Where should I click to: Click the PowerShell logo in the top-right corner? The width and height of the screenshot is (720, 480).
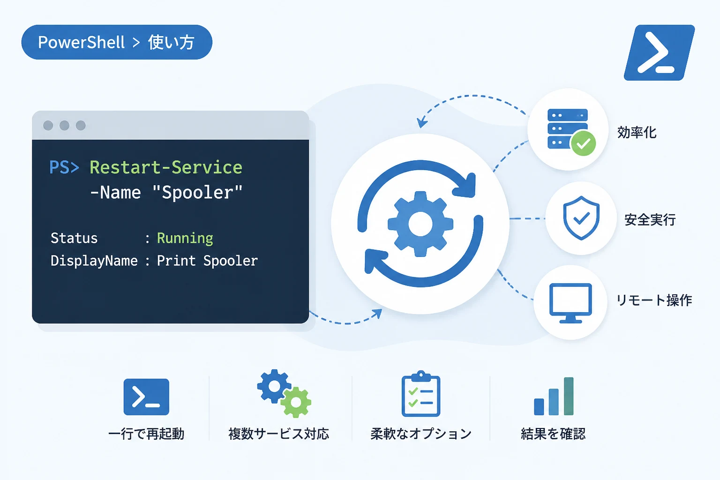(x=659, y=52)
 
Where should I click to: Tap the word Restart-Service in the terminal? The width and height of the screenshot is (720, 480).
(x=166, y=167)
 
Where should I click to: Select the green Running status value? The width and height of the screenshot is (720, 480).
(x=185, y=239)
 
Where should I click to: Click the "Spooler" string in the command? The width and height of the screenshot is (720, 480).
(x=197, y=192)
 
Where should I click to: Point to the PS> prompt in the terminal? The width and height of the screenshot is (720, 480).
(x=64, y=167)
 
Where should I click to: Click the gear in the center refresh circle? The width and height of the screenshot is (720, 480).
(x=420, y=224)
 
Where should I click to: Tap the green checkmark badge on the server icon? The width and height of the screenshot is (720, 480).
(x=584, y=143)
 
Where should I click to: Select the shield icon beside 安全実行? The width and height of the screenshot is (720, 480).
(x=581, y=218)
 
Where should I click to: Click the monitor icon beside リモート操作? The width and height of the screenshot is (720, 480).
(x=570, y=303)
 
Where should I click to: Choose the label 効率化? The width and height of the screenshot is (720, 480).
(x=637, y=133)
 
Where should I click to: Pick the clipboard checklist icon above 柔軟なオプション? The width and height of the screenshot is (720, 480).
(x=421, y=394)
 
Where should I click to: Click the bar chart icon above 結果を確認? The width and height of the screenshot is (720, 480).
(x=554, y=396)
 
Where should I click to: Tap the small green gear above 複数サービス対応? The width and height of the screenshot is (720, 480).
(x=296, y=402)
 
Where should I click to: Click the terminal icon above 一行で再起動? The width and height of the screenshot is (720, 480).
(x=146, y=397)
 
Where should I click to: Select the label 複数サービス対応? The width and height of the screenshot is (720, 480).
(x=279, y=434)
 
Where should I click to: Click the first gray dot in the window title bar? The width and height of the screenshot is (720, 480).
(x=48, y=125)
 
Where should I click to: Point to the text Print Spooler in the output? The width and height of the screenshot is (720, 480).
(x=207, y=261)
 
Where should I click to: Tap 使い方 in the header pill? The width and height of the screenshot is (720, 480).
(x=171, y=43)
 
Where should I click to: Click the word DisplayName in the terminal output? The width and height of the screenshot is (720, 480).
(x=94, y=261)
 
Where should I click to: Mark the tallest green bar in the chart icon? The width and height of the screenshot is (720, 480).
(x=569, y=396)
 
